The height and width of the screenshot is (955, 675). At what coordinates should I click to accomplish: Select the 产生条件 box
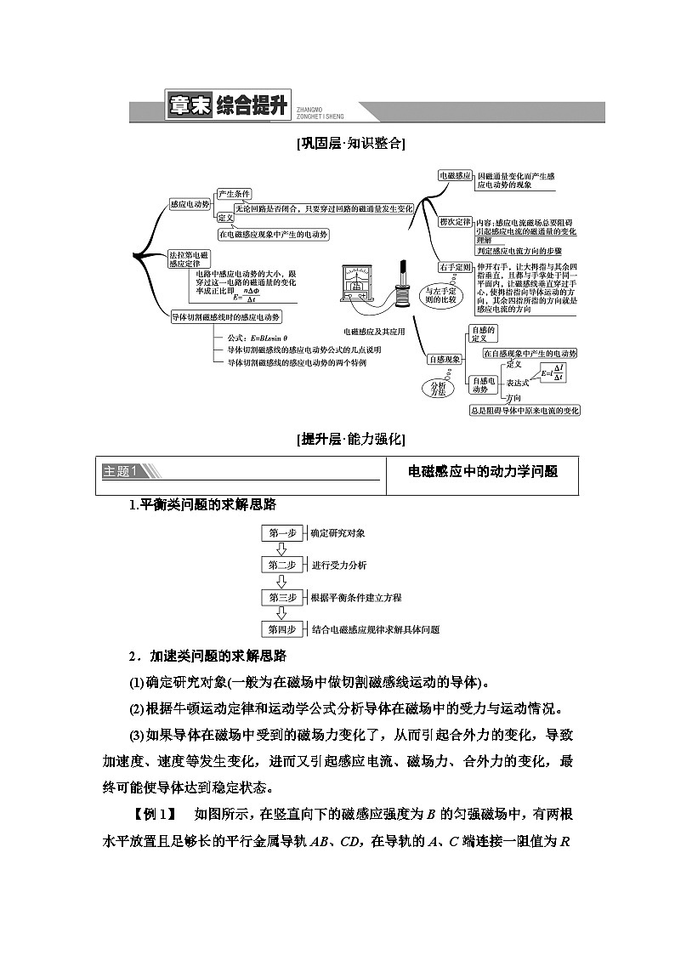point(234,194)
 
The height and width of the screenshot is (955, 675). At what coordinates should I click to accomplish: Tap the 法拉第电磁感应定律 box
point(189,259)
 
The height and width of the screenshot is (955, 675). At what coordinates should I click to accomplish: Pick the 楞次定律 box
point(455,222)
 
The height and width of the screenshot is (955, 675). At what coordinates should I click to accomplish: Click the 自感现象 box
point(444,360)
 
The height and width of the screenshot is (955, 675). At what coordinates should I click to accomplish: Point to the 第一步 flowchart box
point(281,533)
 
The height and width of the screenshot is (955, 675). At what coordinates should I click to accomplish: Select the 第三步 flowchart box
point(281,598)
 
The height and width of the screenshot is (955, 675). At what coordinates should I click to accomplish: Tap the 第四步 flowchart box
point(281,629)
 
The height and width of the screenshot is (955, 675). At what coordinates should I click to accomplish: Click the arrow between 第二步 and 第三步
point(281,582)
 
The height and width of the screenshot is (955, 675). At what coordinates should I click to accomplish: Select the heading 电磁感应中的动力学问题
point(483,471)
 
